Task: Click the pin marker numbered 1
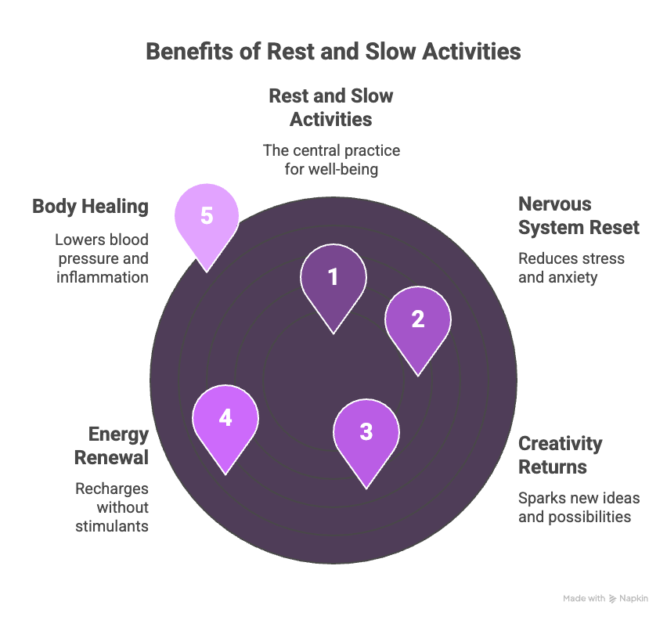point(333,278)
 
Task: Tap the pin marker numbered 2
point(417,320)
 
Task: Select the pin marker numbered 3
point(366,433)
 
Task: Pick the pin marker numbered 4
point(225,419)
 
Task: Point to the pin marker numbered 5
point(207,217)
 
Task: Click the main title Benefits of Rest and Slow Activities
point(333,52)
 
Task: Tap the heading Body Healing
point(90,207)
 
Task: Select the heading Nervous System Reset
point(579,216)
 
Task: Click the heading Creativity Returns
point(561,455)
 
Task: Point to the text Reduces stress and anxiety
point(571,268)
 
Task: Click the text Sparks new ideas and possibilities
point(579,507)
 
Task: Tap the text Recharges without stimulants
point(111,507)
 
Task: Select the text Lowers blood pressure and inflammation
point(102,258)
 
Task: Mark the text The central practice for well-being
point(331,159)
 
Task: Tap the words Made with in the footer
point(584,599)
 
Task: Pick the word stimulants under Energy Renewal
point(112,526)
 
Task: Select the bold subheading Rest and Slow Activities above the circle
point(331,107)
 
